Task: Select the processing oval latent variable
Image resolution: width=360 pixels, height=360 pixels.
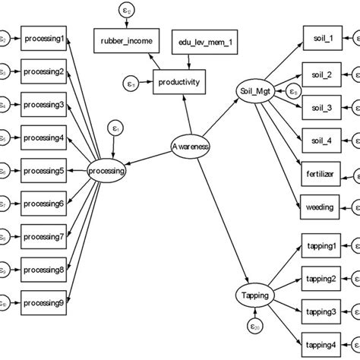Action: pos(106,171)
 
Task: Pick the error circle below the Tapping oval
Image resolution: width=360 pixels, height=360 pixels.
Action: pos(255,327)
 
